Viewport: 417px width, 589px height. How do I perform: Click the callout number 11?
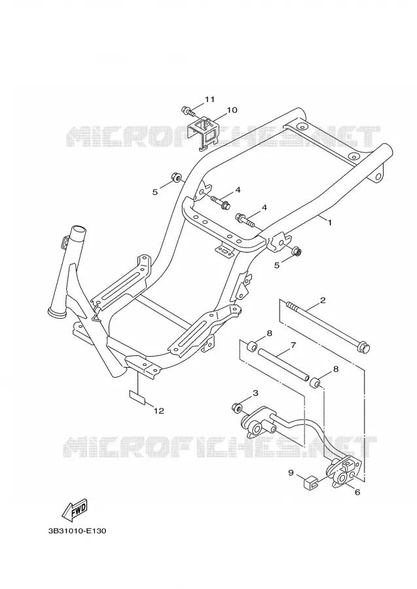point(209,99)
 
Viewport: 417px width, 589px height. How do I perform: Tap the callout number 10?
point(232,110)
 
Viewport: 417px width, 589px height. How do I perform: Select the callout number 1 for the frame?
point(330,223)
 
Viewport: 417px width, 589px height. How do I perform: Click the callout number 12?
point(159,411)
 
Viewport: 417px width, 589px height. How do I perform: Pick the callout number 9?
point(291,473)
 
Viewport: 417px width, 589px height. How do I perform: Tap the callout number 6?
point(357,491)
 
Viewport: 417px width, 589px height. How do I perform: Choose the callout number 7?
point(293,344)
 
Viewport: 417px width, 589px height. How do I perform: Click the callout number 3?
point(255,393)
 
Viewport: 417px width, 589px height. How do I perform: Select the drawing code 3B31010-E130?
point(77,531)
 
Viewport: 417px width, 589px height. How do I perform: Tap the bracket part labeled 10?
point(203,134)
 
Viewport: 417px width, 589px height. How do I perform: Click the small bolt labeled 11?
point(189,111)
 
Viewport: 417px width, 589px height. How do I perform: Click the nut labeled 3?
point(237,407)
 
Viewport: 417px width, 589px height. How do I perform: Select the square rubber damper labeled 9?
point(310,481)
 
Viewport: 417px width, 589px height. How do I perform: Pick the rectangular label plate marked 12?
point(137,397)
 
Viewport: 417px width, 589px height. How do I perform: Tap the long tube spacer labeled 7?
point(283,364)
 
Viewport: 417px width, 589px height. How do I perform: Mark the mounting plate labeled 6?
point(344,472)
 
